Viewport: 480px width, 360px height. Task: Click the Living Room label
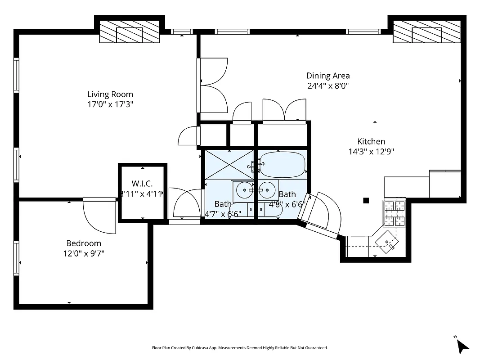[x=110, y=94]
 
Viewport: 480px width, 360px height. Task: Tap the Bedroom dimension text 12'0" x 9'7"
[x=84, y=253]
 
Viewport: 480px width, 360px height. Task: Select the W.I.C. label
[x=142, y=184]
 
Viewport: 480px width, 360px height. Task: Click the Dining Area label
[x=328, y=76]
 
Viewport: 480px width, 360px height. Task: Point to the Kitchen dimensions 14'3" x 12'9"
[x=371, y=152]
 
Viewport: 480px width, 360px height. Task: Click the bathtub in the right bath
[x=283, y=164]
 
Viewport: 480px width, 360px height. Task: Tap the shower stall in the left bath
[x=229, y=165]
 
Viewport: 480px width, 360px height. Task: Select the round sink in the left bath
[x=245, y=190]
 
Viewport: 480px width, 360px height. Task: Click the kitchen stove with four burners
[x=394, y=213]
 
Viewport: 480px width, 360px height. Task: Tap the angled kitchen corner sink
[x=388, y=241]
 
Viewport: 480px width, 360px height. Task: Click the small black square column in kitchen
[x=366, y=201]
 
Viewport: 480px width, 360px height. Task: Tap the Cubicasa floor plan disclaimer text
[x=240, y=348]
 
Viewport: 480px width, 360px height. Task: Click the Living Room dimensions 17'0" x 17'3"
[x=110, y=104]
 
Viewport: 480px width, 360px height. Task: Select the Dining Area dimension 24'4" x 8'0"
[x=328, y=86]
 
